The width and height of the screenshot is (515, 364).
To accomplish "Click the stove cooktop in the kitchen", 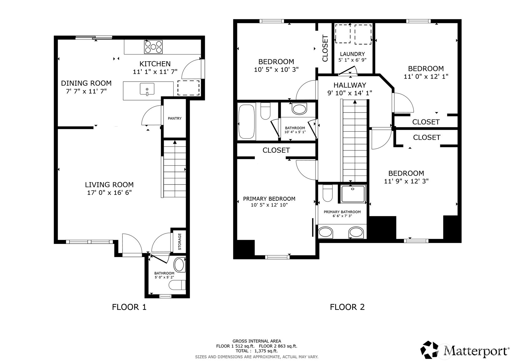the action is [x=153, y=47].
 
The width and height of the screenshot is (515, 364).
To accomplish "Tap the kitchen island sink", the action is [x=147, y=89].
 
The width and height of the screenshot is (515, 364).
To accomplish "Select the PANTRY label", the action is [x=174, y=119].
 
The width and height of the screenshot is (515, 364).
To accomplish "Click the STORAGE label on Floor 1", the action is [x=179, y=242].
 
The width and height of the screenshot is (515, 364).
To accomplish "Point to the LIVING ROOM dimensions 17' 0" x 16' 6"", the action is [x=109, y=192].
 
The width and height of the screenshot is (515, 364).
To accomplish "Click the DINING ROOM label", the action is [x=86, y=83].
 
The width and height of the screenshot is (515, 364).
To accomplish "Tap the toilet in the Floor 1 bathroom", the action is [x=177, y=285].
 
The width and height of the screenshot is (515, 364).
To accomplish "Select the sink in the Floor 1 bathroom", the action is [x=179, y=265].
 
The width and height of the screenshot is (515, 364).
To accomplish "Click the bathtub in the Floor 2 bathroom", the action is [x=246, y=122].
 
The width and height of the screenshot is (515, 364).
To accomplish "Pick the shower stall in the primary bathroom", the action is [x=353, y=194].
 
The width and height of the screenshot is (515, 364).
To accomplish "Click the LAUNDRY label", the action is [x=352, y=54].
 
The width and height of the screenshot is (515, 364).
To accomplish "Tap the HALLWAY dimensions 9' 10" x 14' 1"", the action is [x=350, y=93].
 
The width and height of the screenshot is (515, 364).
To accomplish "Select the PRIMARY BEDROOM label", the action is [x=269, y=199].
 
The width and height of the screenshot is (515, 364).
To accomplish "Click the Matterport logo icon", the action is [x=429, y=351].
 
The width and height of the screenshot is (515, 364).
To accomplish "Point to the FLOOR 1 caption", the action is [x=129, y=307].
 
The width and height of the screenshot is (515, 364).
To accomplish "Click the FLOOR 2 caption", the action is [x=347, y=307].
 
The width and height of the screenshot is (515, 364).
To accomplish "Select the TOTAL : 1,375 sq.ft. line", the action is [x=257, y=351].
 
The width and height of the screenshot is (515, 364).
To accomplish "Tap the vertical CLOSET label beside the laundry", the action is [x=325, y=48].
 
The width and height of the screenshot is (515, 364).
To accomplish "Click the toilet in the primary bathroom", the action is [x=328, y=193].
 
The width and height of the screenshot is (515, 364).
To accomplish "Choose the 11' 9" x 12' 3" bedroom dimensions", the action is [x=406, y=181].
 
